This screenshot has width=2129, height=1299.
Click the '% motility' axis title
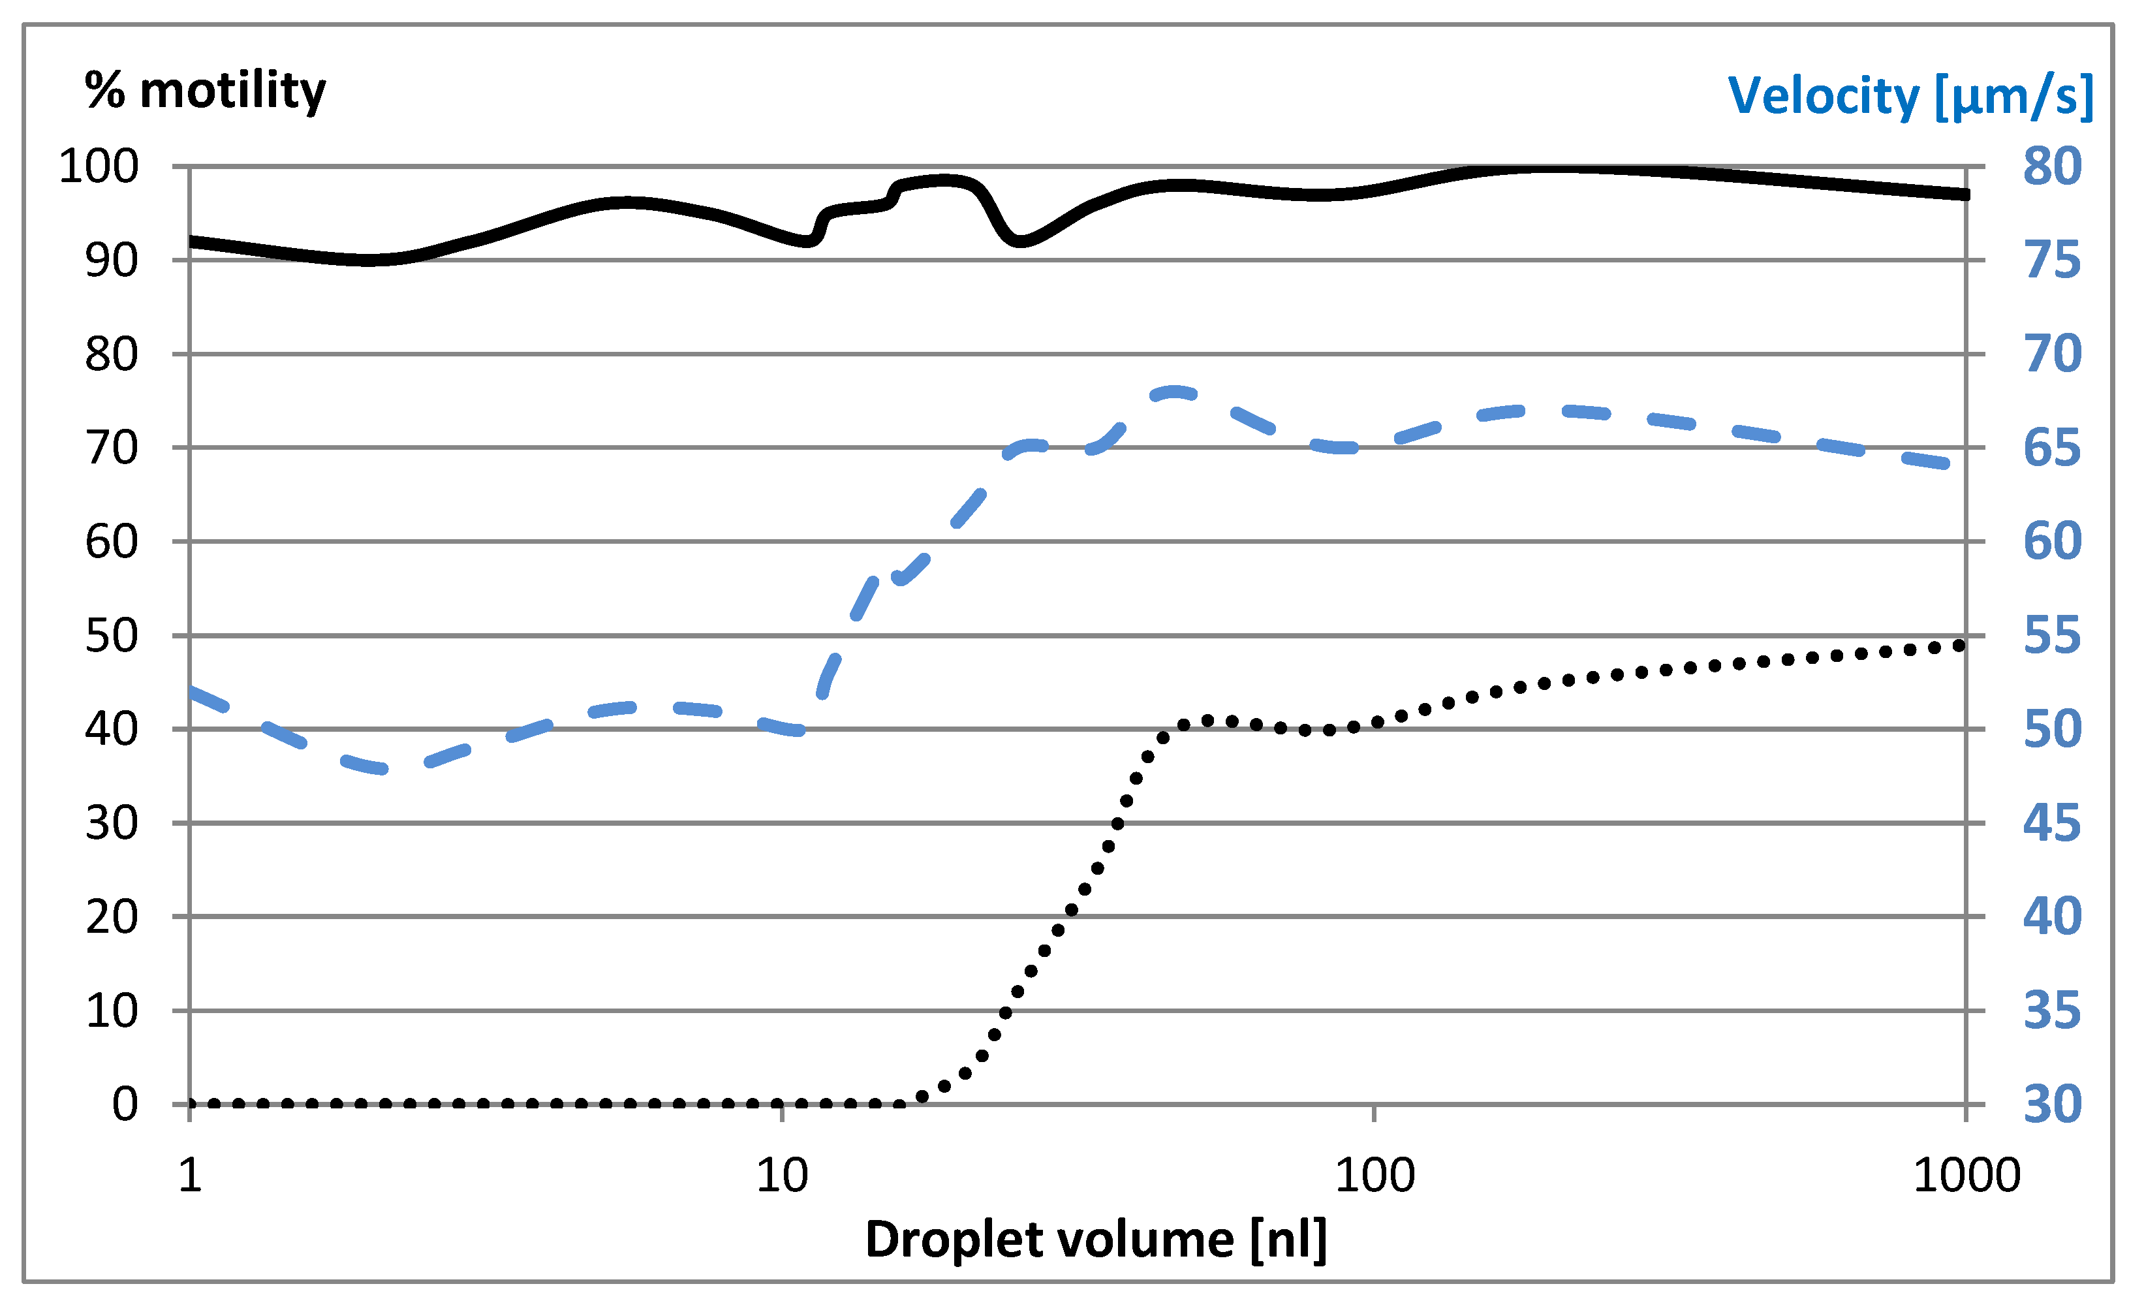pyautogui.click(x=205, y=91)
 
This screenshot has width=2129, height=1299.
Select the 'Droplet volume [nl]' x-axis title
pyautogui.click(x=1096, y=1240)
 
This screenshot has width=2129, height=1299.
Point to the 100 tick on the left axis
pyautogui.click(x=99, y=166)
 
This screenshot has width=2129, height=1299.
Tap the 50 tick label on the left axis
pyautogui.click(x=112, y=636)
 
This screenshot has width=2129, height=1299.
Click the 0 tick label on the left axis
pyautogui.click(x=125, y=1104)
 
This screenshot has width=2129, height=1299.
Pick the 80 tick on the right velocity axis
pyautogui.click(x=2052, y=166)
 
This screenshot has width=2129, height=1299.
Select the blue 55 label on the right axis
pyautogui.click(x=2052, y=636)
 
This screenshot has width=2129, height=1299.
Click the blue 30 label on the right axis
pyautogui.click(x=2052, y=1104)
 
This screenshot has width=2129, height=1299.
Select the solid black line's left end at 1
pyautogui.click(x=192, y=241)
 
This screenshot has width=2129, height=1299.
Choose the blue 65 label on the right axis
pyautogui.click(x=2052, y=448)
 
